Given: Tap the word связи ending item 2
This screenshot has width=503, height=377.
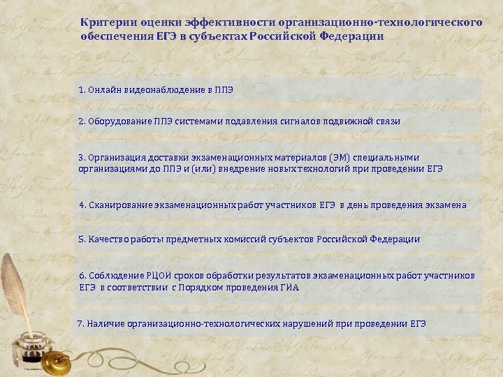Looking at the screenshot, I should click(386, 121).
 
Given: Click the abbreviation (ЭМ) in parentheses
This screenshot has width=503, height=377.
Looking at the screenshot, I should click(321, 156).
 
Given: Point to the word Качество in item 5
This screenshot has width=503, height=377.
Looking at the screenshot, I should click(107, 239).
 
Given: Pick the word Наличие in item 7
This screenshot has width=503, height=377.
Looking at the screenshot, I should click(105, 324).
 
